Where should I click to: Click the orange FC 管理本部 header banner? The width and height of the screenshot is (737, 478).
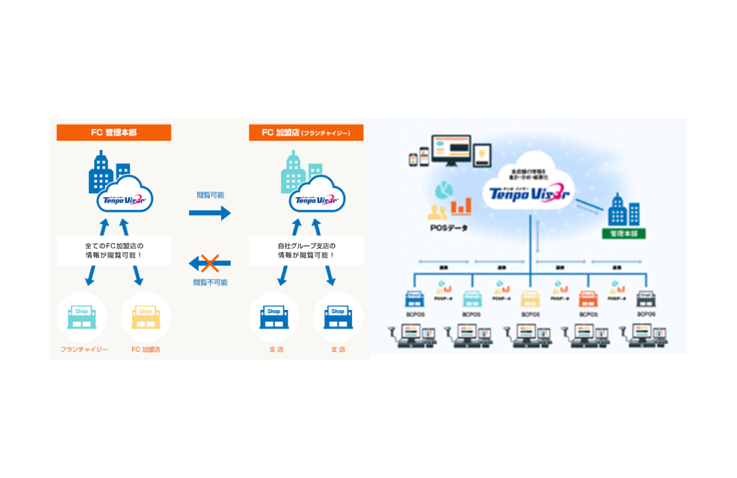(x=114, y=133)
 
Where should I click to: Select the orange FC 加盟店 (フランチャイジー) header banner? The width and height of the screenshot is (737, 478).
(x=306, y=133)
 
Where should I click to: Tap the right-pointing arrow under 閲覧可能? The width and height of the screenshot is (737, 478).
(x=210, y=213)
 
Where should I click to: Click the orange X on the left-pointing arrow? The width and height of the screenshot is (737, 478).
(x=210, y=264)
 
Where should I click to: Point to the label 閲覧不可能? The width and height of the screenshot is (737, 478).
(x=210, y=282)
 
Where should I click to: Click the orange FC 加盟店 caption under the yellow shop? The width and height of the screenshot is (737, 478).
(x=145, y=349)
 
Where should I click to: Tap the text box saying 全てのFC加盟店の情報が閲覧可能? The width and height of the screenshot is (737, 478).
(x=114, y=250)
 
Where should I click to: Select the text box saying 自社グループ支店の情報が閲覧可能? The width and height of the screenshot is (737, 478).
(x=306, y=250)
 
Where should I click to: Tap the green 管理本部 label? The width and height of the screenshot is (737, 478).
(x=623, y=234)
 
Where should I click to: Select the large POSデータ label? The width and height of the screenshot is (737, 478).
(x=449, y=228)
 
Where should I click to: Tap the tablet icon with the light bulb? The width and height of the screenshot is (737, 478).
(x=482, y=154)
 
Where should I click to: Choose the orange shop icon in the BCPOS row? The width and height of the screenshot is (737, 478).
(x=588, y=299)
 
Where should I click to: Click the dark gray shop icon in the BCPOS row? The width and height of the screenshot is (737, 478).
(x=646, y=299)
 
